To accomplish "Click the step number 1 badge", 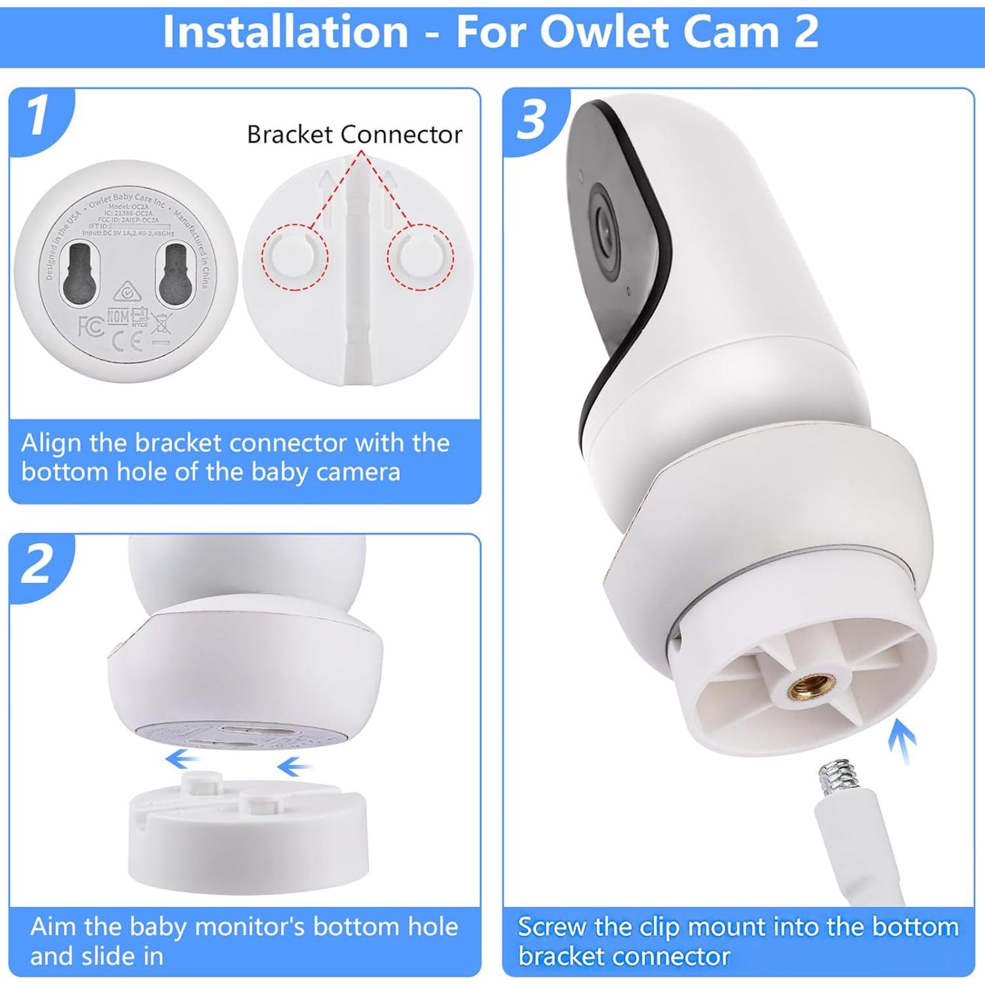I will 38,116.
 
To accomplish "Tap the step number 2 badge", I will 37,563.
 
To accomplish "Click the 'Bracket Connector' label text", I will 355,135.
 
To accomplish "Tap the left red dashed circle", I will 295,257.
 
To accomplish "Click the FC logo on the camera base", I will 91,326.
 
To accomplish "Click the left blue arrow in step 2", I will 182,760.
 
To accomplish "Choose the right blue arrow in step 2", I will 294,766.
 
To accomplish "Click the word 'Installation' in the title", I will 286,32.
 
